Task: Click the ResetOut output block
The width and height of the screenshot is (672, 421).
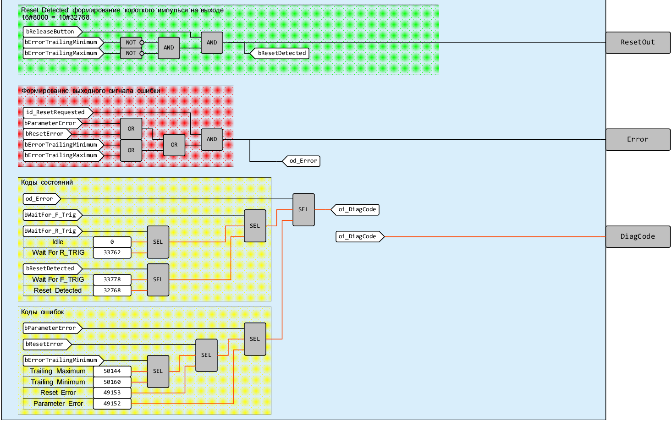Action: pyautogui.click(x=638, y=43)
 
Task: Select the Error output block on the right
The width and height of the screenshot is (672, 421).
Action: pyautogui.click(x=638, y=139)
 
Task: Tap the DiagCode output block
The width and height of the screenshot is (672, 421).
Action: pyautogui.click(x=638, y=236)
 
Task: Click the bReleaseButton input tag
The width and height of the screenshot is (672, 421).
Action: pyautogui.click(x=52, y=32)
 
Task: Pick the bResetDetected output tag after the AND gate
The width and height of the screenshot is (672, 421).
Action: pyautogui.click(x=281, y=53)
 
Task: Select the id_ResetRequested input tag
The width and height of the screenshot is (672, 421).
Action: pyautogui.click(x=57, y=112)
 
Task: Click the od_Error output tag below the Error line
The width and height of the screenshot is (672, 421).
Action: pyautogui.click(x=302, y=161)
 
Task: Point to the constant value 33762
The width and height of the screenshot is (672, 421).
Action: pyautogui.click(x=112, y=252)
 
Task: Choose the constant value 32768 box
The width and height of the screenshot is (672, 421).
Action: pyautogui.click(x=112, y=290)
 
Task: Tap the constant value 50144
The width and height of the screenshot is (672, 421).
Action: pyautogui.click(x=112, y=371)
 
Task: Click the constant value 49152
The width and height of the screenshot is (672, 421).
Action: pyautogui.click(x=112, y=404)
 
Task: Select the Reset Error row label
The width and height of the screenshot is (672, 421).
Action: pyautogui.click(x=58, y=393)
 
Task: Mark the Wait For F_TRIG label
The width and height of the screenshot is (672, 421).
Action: pyautogui.click(x=58, y=279)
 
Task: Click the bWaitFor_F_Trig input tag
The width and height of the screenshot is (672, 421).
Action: pyautogui.click(x=52, y=215)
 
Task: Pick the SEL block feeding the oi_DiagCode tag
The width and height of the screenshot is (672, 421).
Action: pyautogui.click(x=303, y=209)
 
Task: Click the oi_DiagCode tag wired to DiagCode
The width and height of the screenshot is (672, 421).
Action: pyautogui.click(x=359, y=236)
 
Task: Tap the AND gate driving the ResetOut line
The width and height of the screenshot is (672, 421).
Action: pyautogui.click(x=212, y=43)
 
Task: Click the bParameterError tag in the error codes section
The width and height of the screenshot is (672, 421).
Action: pyautogui.click(x=52, y=328)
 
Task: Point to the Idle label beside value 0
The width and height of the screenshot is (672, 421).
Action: pyautogui.click(x=58, y=242)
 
